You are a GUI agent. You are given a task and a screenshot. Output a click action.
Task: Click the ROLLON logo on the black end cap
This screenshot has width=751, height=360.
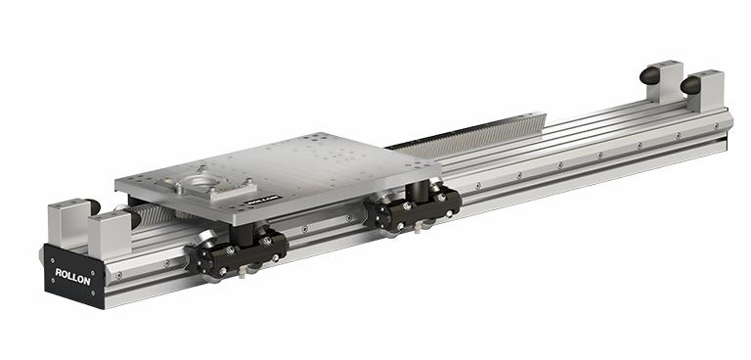(72, 277)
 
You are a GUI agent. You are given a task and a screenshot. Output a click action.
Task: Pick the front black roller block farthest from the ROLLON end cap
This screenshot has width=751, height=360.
(413, 207)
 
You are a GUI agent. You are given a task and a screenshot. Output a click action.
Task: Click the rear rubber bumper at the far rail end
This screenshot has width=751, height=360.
(650, 75)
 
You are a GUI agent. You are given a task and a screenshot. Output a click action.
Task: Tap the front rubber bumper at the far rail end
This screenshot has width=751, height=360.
(690, 85)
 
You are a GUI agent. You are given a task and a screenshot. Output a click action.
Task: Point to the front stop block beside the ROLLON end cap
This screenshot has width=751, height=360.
(110, 235)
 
